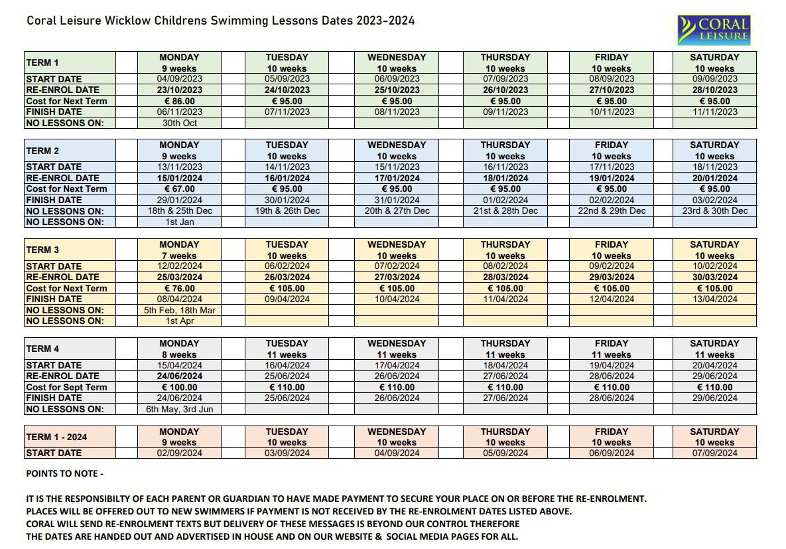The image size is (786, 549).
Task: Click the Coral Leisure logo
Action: pos(713,30)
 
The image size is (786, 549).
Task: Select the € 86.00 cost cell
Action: pos(179,101)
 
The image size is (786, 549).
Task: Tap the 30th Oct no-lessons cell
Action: pos(179,123)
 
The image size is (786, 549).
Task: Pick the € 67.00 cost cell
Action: pos(179,189)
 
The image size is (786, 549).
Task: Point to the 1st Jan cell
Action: pos(179,222)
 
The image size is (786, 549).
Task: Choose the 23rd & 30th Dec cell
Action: pos(714,210)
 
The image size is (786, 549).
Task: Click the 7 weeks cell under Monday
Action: pos(179,256)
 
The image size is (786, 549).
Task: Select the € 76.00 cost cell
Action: pos(179,288)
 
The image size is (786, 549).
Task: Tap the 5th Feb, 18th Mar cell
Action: pos(179,310)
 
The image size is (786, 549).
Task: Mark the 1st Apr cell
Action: pos(179,321)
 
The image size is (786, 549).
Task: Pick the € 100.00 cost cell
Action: pos(179,387)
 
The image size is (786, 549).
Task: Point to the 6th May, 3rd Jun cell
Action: pos(179,409)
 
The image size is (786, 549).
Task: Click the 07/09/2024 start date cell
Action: pos(714,453)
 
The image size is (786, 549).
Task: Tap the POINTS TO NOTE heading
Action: pos(64,473)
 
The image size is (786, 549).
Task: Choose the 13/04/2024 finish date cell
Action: pos(714,299)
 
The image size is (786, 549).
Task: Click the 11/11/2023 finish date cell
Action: pos(714,112)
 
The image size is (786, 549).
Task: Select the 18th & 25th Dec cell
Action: pos(179,210)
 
